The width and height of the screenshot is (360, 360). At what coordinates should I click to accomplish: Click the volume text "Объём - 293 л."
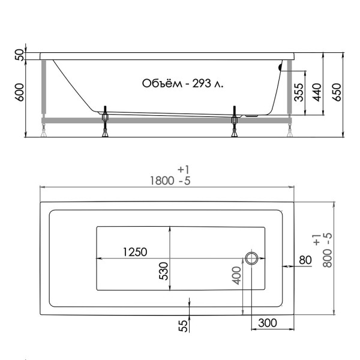coord(182,83)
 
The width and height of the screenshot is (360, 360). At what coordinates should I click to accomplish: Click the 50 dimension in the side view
coord(19,55)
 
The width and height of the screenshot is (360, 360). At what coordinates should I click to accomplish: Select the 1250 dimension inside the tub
coord(135,252)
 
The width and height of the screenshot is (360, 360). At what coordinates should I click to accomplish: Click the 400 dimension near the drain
coord(236,275)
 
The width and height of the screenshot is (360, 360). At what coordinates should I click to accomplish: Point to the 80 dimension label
coord(305,260)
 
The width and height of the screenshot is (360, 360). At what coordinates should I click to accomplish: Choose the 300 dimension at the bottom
coord(267,323)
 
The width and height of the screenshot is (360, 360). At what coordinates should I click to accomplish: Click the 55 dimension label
coord(183,325)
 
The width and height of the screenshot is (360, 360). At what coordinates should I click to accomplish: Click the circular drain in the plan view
coord(251,259)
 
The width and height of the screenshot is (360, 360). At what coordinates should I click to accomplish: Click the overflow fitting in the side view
coord(280,67)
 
